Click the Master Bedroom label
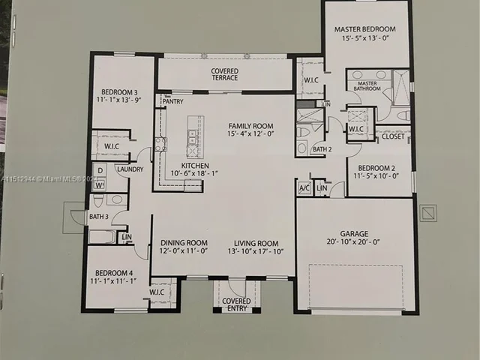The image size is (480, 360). [x=364, y=29]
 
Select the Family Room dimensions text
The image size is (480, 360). [x=250, y=135]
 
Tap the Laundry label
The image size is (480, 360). [x=130, y=169]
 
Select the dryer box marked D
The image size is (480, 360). [x=98, y=169]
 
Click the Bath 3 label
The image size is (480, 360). [x=98, y=217]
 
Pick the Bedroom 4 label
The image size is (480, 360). [x=109, y=272]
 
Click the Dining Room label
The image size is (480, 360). [x=184, y=243]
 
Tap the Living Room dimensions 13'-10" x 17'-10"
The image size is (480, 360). [x=256, y=252]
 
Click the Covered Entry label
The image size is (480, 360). [x=237, y=304]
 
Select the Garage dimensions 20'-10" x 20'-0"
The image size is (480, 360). [x=354, y=242]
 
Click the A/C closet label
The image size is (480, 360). [x=304, y=187]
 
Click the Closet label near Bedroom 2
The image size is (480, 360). [x=392, y=136]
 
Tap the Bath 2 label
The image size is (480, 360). [x=322, y=149]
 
